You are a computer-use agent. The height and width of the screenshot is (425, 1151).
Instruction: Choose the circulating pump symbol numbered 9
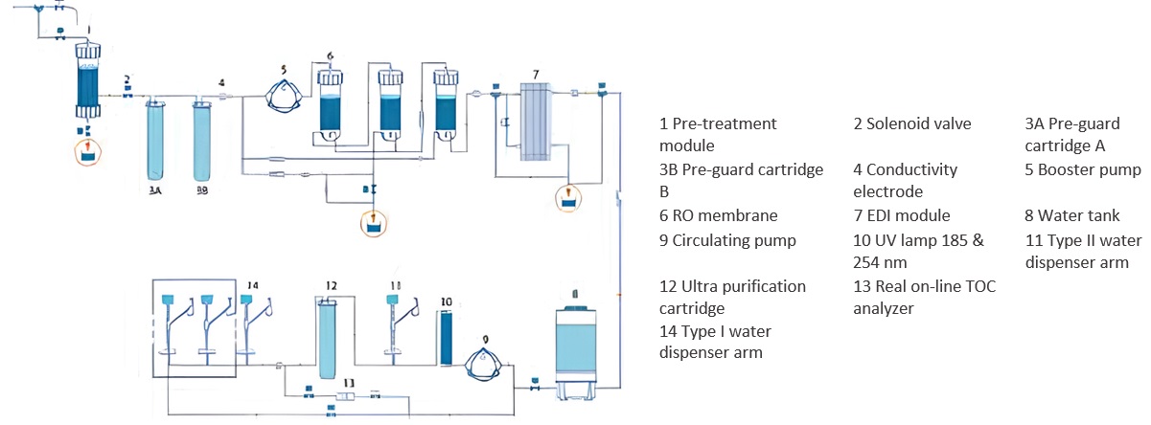pos(486,365)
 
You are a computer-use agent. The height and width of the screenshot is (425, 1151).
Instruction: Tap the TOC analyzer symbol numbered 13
pos(347,395)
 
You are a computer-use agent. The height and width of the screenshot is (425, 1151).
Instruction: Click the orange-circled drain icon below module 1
pos(89,152)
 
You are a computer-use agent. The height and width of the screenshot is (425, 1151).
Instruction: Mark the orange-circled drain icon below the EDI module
pos(568,198)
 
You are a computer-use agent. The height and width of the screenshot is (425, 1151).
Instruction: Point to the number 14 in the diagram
pos(253,285)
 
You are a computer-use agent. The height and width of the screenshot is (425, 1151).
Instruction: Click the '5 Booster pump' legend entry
pos(1083,169)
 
